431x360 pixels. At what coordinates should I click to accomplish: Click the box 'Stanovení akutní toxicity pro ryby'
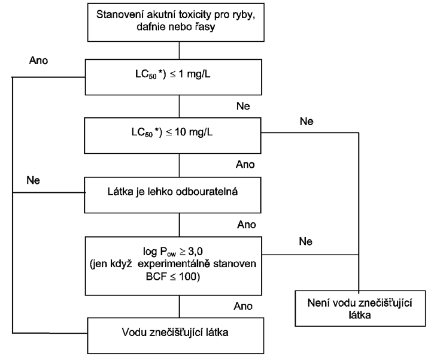[176, 23]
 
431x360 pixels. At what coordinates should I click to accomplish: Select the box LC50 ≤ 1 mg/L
[174, 77]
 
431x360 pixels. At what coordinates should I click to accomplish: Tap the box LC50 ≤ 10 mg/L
[172, 135]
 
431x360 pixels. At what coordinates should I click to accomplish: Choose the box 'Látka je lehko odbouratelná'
[172, 195]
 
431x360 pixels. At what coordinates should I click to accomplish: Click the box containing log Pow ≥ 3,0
[174, 266]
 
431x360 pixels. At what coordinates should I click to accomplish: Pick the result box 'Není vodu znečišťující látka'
[360, 308]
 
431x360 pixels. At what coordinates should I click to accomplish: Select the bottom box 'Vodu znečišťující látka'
[175, 336]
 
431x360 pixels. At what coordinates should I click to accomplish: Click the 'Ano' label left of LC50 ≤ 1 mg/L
[38, 60]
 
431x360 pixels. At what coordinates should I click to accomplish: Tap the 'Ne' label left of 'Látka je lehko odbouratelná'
[34, 180]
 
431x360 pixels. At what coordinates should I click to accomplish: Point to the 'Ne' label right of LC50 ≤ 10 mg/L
[306, 121]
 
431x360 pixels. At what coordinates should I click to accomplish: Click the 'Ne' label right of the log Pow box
[306, 241]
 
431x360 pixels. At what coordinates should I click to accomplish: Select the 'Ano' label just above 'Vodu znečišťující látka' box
[243, 306]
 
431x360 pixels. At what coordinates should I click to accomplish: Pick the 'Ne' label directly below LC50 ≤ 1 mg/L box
[243, 106]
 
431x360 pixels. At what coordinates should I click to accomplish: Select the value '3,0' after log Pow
[195, 251]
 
